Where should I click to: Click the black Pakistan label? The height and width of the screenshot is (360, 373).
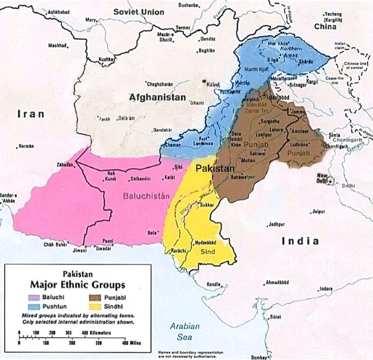214,167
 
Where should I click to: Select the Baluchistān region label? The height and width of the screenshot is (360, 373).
146,197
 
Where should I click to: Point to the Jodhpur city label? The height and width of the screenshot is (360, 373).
277,223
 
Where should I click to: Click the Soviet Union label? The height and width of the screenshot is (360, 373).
138,12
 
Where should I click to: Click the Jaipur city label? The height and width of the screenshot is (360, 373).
318,212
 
